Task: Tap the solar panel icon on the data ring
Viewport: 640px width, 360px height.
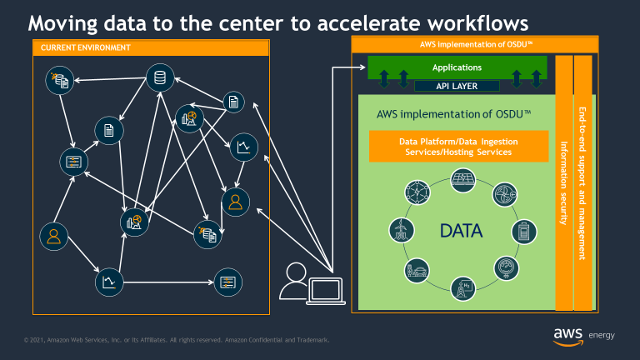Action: point(459,177)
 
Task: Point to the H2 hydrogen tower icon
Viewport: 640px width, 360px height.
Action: point(459,288)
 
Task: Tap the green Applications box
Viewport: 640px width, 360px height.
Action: point(457,67)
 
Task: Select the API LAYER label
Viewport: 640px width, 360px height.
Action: point(457,85)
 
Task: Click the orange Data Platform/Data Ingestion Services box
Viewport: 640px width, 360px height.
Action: point(459,146)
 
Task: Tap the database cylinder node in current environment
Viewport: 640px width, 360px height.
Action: point(158,77)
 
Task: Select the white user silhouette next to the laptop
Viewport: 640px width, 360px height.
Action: point(294,281)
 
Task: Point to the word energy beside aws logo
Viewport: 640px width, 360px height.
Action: point(602,336)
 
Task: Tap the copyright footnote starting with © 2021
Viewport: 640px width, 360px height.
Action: point(176,340)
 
